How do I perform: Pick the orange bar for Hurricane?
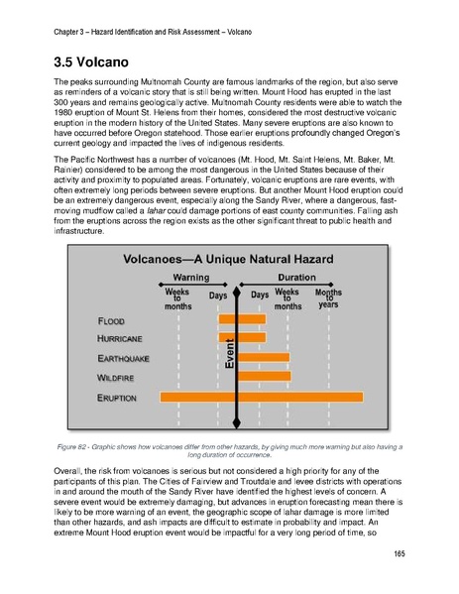pos(242,337)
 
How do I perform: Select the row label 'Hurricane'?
pos(122,339)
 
